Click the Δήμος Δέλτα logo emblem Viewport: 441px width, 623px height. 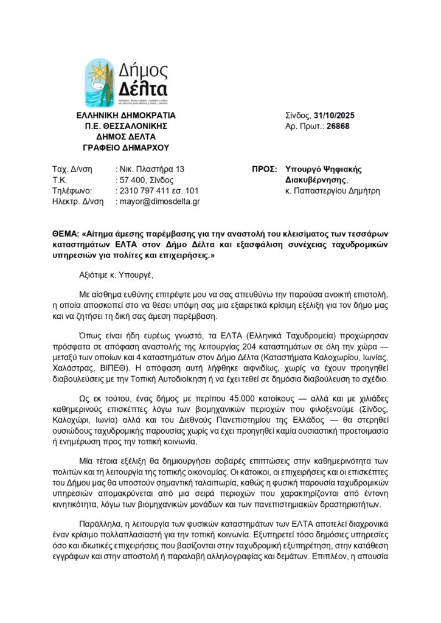(x=99, y=83)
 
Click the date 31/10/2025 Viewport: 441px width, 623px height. (x=338, y=115)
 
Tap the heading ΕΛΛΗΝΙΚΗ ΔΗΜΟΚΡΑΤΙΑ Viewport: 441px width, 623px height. (x=126, y=115)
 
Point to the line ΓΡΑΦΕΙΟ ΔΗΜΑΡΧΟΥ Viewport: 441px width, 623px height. (x=126, y=148)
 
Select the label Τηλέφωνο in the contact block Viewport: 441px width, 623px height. (x=72, y=190)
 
